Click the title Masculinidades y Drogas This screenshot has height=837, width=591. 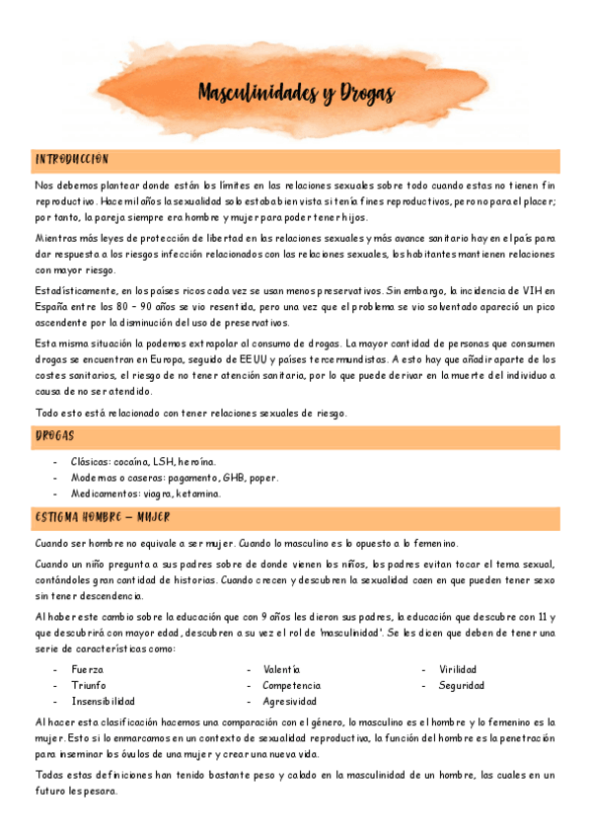pyautogui.click(x=296, y=94)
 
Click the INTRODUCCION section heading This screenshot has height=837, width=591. pyautogui.click(x=71, y=159)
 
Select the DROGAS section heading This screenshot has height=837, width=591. pyautogui.click(x=54, y=435)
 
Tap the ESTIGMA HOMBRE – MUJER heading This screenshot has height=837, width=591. pyautogui.click(x=102, y=516)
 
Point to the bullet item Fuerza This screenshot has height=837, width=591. pyautogui.click(x=87, y=669)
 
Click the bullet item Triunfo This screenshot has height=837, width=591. pyautogui.click(x=89, y=685)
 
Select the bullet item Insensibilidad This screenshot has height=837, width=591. pyautogui.click(x=103, y=701)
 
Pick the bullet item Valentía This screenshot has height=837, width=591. pyautogui.click(x=282, y=669)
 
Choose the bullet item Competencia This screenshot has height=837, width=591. pyautogui.click(x=291, y=685)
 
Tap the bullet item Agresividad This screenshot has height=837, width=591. pyautogui.click(x=289, y=701)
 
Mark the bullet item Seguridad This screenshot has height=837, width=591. pyautogui.click(x=462, y=685)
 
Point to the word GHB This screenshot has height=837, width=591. pyautogui.click(x=234, y=477)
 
